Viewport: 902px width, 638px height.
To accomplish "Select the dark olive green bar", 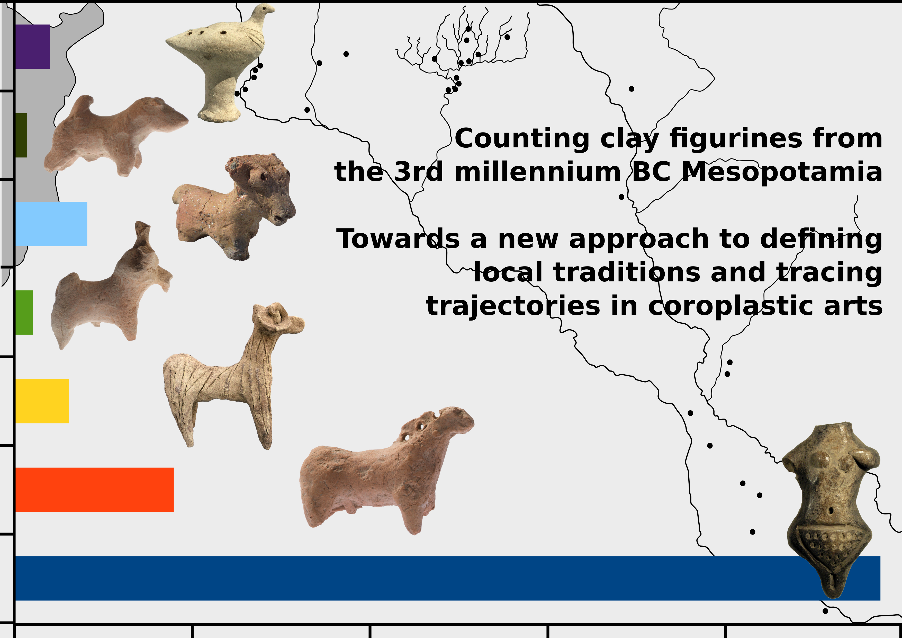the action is point(21,135).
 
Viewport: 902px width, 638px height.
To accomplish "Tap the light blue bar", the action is point(51,224).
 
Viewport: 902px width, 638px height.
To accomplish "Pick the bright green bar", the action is point(24,313).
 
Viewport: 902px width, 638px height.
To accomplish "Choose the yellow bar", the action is point(42,401).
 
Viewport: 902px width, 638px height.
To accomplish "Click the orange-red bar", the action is point(94,490).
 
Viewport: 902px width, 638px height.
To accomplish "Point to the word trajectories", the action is point(513,307).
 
